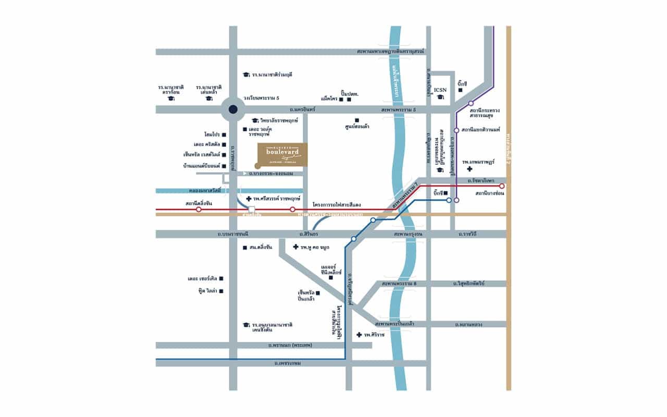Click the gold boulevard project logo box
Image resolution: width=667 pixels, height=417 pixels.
(x=282, y=155)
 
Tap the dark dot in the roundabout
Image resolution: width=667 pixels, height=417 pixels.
(x=233, y=109)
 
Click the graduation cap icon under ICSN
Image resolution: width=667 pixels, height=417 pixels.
(x=441, y=98)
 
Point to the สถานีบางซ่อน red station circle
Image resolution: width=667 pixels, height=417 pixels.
(x=502, y=186)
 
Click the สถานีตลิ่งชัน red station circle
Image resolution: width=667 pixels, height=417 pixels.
(x=199, y=210)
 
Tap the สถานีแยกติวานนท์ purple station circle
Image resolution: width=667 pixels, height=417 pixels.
(x=456, y=130)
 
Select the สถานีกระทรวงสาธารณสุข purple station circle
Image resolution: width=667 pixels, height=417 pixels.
(x=471, y=103)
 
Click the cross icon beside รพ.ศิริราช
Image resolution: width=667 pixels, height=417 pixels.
(x=359, y=335)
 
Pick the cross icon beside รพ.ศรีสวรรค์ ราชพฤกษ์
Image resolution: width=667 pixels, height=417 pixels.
(x=249, y=199)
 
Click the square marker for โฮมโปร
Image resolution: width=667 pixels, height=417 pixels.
(x=224, y=134)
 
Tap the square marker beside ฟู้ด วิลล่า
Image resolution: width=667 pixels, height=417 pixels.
(x=221, y=291)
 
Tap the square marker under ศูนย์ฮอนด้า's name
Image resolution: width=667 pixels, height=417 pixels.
(x=357, y=119)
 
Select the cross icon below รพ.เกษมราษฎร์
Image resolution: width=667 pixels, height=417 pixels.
(x=471, y=169)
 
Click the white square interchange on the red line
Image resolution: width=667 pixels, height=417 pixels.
(x=252, y=210)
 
